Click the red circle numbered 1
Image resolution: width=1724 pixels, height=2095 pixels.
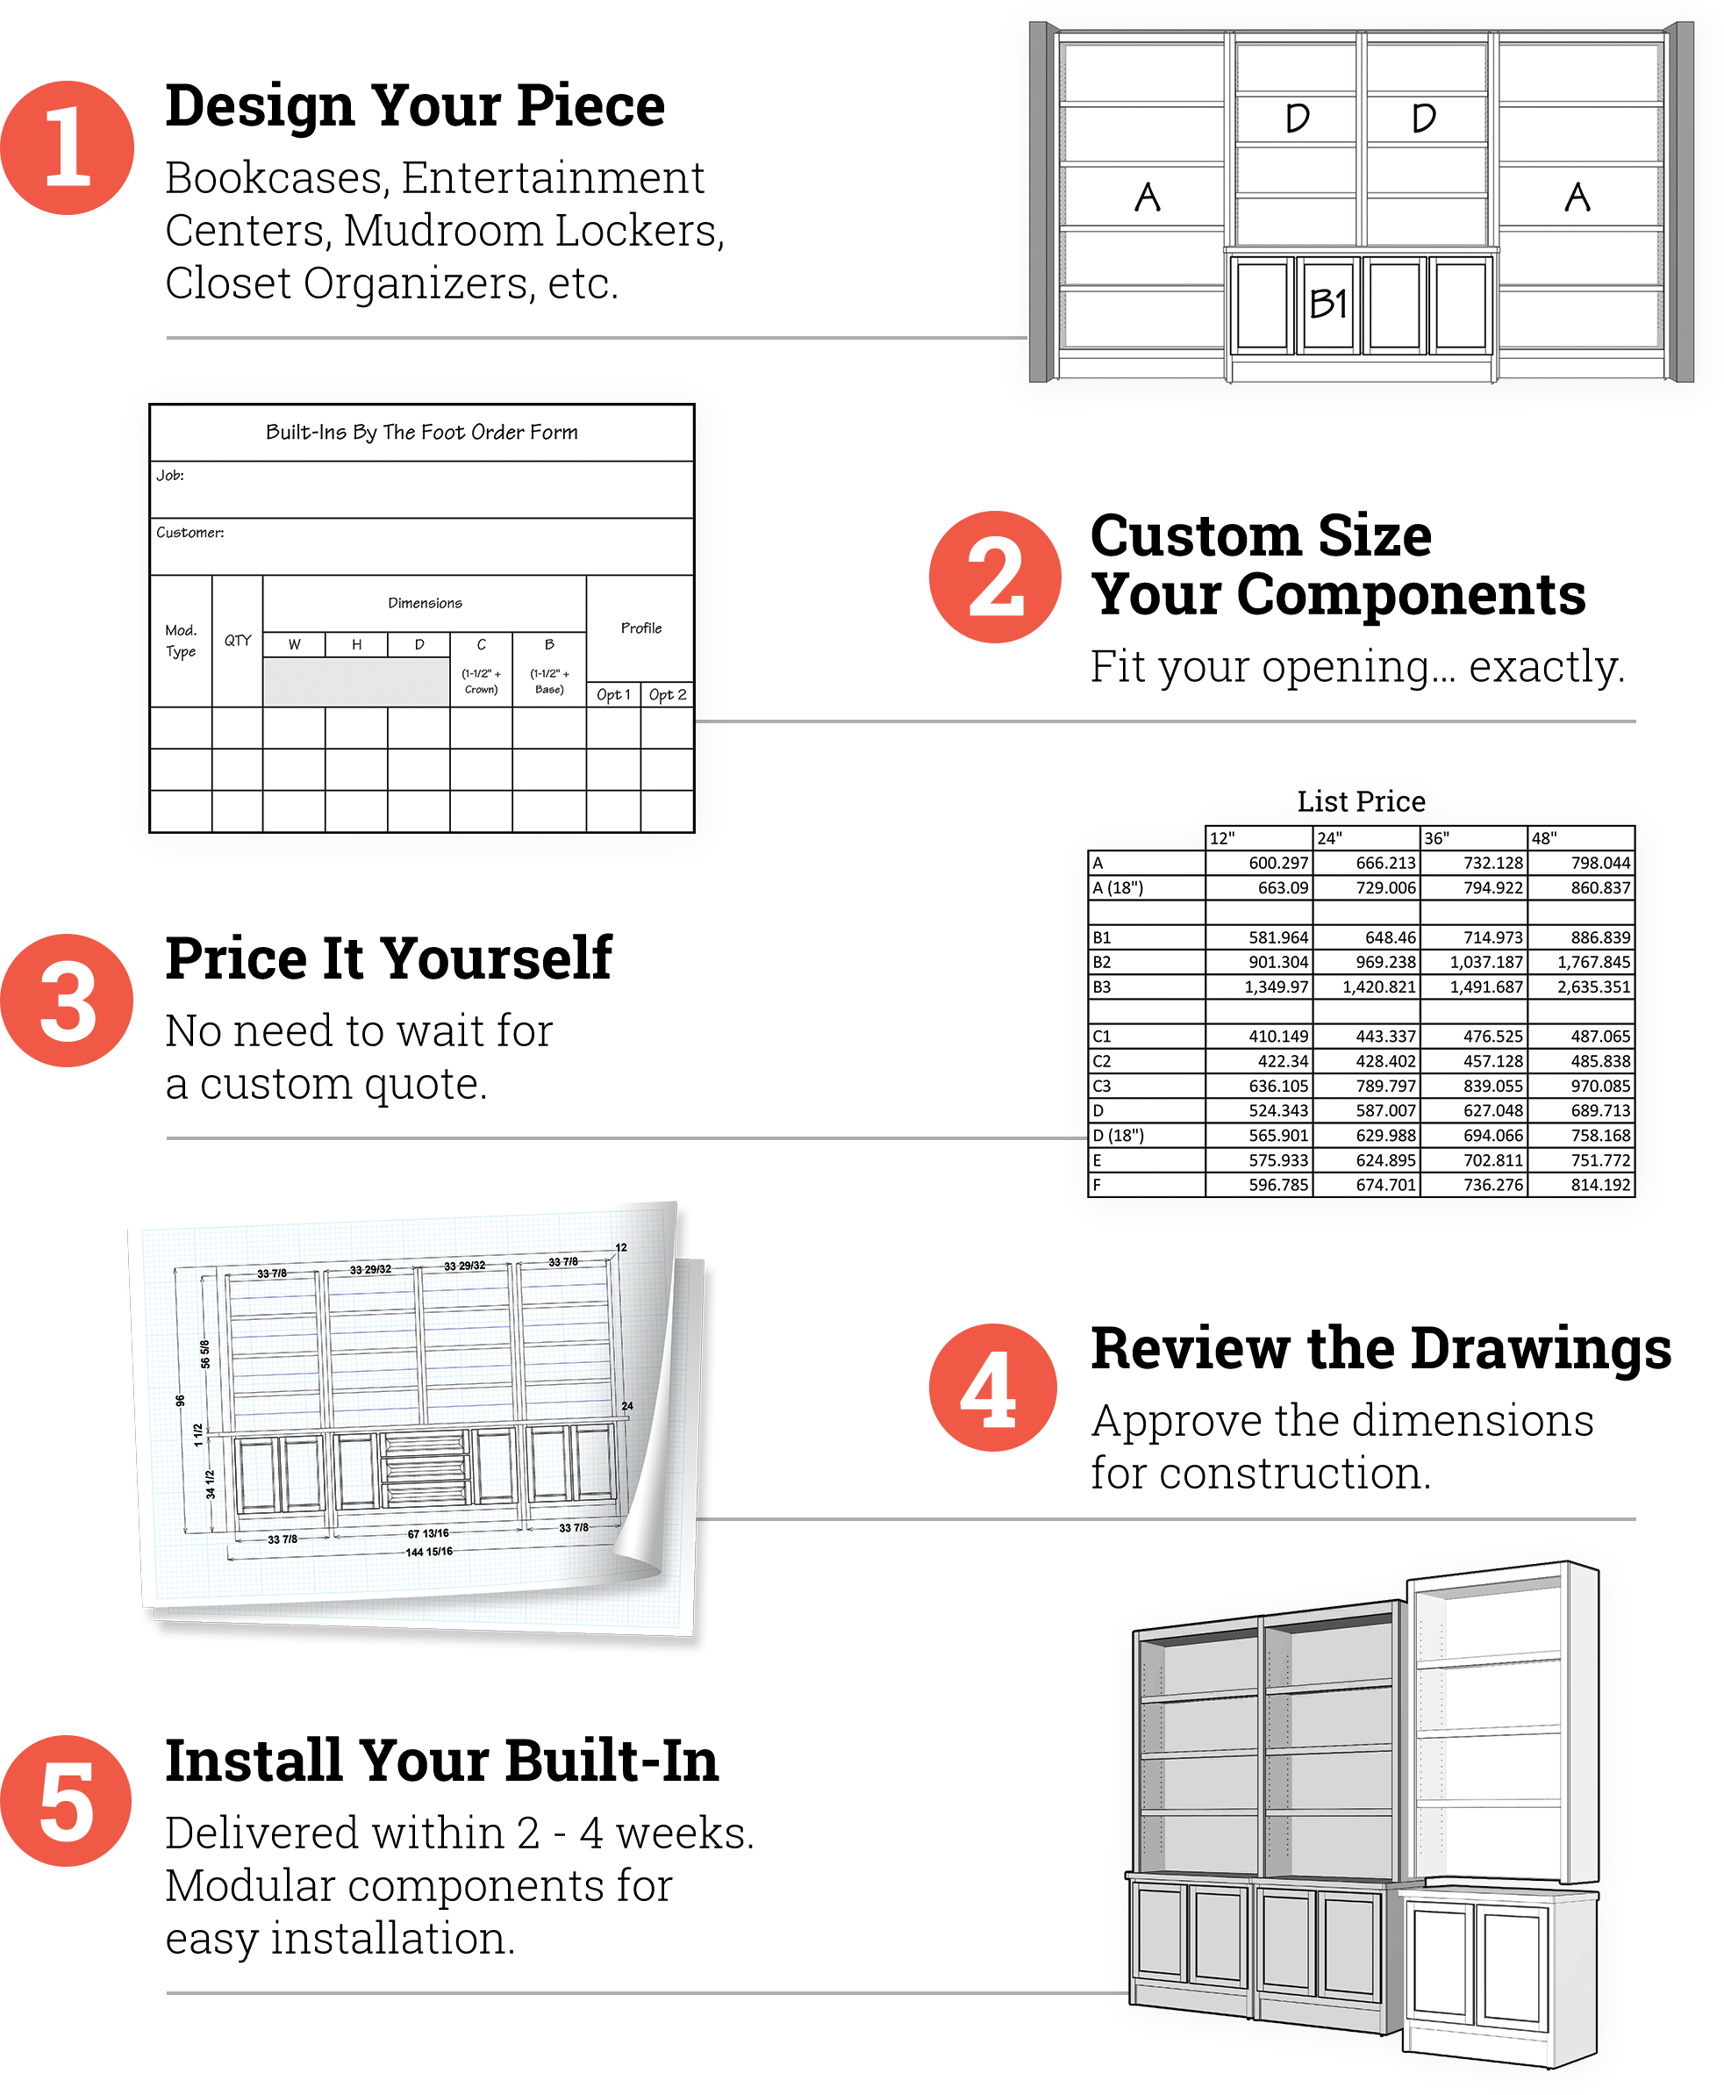click(x=67, y=147)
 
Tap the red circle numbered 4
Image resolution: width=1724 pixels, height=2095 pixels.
click(x=993, y=1387)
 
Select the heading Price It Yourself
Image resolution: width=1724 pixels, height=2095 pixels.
click(x=389, y=958)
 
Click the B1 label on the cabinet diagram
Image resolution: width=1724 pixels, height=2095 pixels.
click(x=1327, y=304)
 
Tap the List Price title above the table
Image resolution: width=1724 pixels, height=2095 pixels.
click(x=1361, y=800)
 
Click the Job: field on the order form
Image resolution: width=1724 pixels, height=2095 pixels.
click(x=421, y=489)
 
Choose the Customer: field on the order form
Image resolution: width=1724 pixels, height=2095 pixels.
click(x=421, y=546)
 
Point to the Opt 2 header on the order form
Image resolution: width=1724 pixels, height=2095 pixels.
click(x=668, y=694)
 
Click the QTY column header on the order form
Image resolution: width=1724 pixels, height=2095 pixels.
click(x=238, y=640)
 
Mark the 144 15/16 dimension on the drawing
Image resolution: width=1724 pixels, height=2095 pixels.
click(x=429, y=1552)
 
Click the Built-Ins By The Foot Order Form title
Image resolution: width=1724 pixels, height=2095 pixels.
click(x=421, y=432)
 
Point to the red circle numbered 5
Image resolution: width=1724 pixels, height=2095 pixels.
click(x=66, y=1801)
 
